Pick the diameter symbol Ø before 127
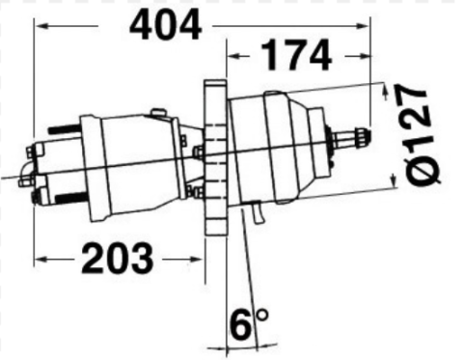point(422,171)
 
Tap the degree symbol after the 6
point(262,315)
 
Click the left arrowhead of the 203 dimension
point(40,259)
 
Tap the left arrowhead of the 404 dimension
point(41,25)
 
